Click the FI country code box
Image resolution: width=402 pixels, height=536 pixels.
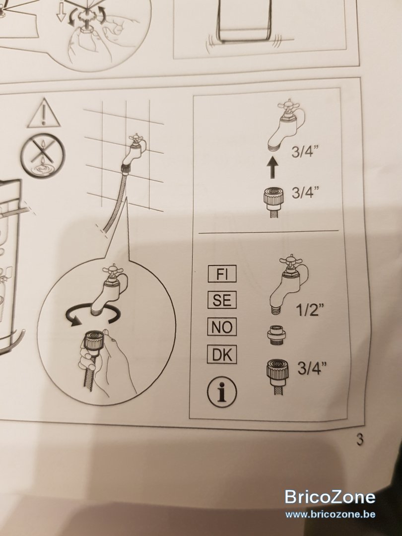coord(222,274)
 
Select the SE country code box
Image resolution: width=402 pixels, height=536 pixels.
coord(222,300)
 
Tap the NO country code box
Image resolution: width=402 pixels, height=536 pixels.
coord(222,327)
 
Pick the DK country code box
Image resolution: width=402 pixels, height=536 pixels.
coord(222,355)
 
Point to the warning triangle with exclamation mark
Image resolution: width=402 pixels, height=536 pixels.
coord(44,114)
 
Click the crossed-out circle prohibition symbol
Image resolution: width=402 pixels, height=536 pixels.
coord(42,155)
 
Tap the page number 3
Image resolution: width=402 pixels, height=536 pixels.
coord(360,439)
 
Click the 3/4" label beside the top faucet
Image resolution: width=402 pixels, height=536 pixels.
coord(305,152)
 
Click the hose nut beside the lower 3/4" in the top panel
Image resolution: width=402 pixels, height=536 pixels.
coord(273,203)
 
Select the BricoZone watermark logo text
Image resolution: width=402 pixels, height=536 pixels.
coord(330,497)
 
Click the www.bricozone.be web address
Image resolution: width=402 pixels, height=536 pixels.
coord(330,514)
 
